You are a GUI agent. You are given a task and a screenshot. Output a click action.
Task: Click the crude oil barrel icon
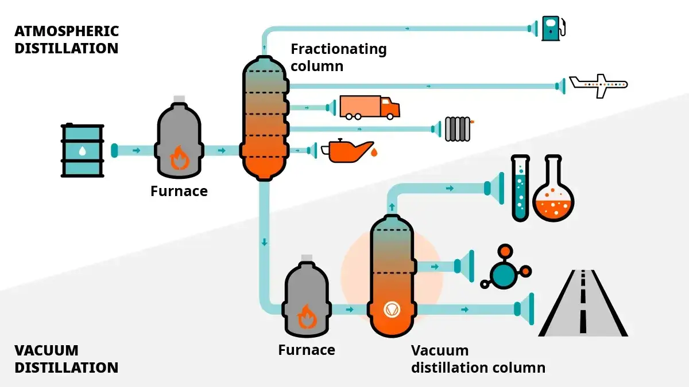click(83, 150)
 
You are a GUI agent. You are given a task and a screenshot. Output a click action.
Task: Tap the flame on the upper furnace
click(179, 157)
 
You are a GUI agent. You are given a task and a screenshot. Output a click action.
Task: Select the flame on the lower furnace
click(307, 316)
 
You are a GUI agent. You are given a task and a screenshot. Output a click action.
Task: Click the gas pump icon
click(552, 27)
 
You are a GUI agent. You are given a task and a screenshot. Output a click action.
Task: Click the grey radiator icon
click(458, 129)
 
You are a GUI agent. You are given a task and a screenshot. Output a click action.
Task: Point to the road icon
click(583, 303)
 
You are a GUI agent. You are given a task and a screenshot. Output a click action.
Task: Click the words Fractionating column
click(338, 57)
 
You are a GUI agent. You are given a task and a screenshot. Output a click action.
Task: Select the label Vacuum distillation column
click(478, 359)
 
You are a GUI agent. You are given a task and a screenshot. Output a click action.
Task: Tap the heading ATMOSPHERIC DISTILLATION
click(67, 40)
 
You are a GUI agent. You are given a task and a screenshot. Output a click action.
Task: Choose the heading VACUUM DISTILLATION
click(67, 359)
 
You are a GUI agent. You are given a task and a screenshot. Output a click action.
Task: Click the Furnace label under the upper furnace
click(179, 191)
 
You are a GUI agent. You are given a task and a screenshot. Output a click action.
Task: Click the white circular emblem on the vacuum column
click(392, 310)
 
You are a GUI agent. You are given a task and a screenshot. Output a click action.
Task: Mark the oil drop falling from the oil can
click(374, 153)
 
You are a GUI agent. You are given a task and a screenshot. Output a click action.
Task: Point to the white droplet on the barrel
click(83, 151)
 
